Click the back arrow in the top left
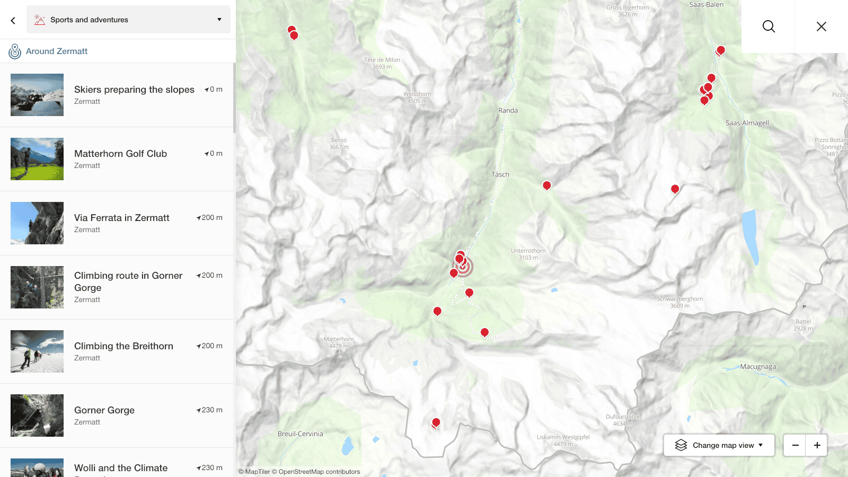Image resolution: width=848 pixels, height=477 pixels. click(13, 20)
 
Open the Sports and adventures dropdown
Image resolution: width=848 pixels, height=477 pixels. click(128, 20)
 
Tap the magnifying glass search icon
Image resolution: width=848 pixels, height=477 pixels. click(768, 26)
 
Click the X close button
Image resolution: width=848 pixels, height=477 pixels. click(821, 26)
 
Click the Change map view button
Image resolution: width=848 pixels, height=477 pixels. click(719, 445)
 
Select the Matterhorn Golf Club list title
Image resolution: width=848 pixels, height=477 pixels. click(120, 154)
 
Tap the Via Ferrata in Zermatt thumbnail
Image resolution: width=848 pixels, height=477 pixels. click(37, 223)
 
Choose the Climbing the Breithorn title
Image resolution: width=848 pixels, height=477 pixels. click(123, 346)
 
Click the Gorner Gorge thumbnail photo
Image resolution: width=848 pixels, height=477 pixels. click(37, 416)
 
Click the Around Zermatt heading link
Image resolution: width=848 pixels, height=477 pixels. click(57, 51)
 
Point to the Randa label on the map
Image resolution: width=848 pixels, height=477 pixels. click(508, 111)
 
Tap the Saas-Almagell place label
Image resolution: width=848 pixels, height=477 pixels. click(747, 123)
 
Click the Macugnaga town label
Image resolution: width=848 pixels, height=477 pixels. click(758, 367)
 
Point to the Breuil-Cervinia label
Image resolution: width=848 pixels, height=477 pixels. click(300, 434)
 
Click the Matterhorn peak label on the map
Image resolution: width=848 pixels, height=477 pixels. click(339, 340)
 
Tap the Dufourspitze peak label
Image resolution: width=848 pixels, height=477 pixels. click(623, 417)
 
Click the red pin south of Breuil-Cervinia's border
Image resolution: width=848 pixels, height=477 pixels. click(436, 422)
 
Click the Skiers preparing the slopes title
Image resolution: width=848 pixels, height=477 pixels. click(134, 90)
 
